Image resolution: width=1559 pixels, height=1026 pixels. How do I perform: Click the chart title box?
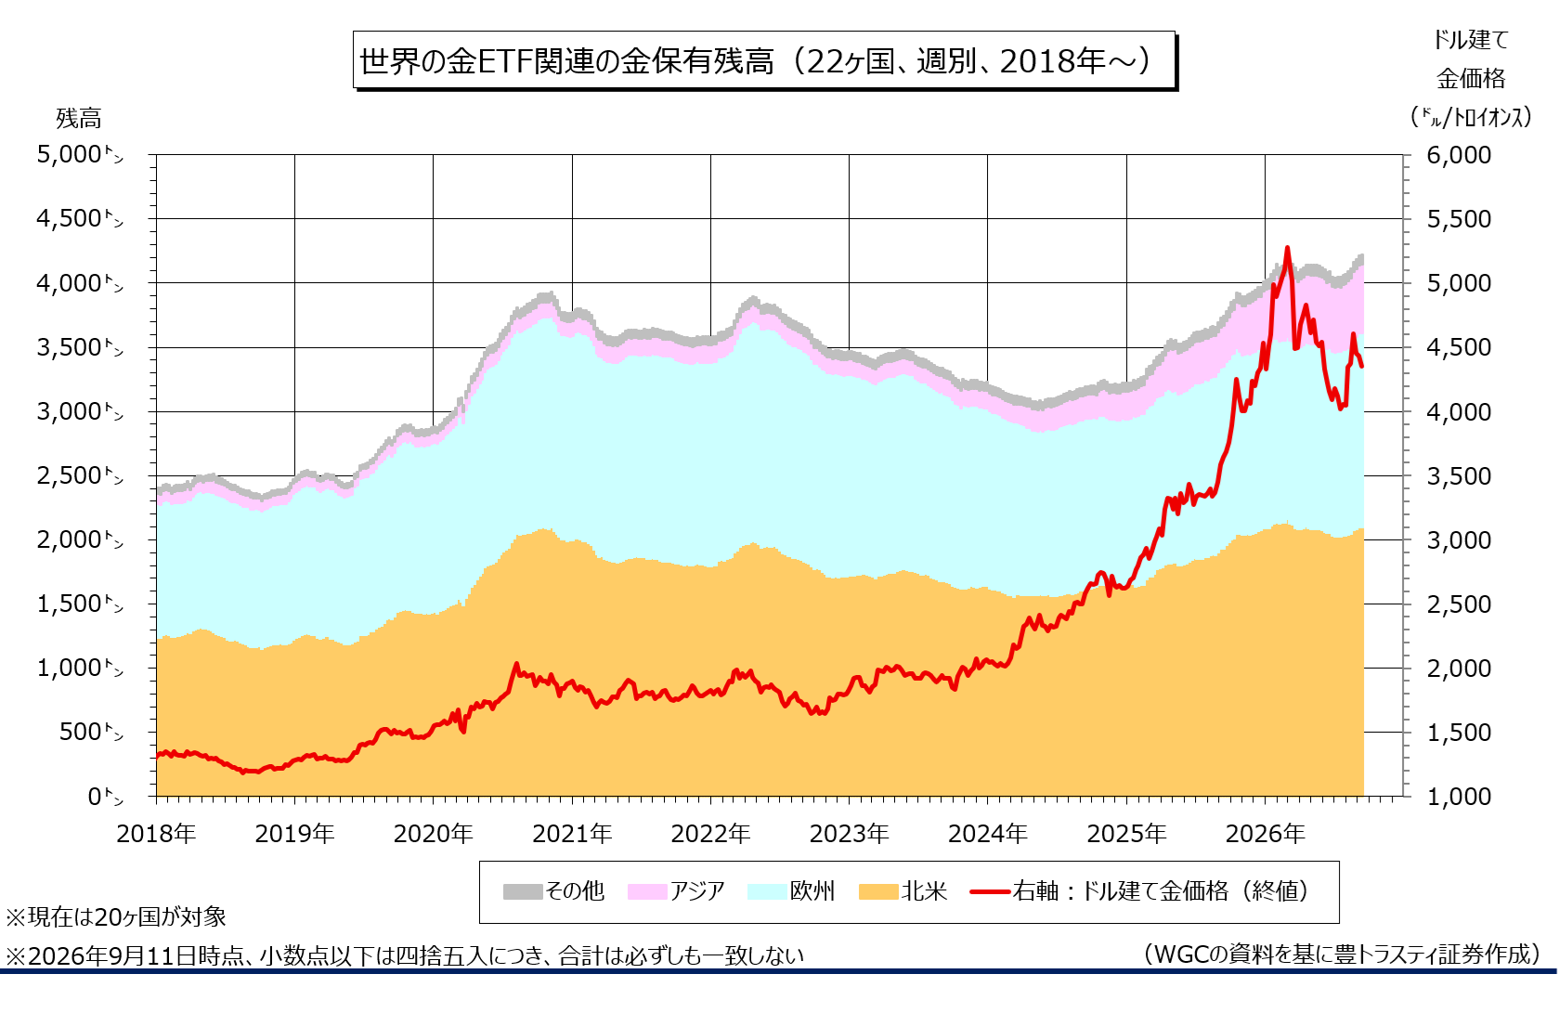tap(764, 60)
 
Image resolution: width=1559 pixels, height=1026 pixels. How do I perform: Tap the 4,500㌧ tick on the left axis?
tap(80, 218)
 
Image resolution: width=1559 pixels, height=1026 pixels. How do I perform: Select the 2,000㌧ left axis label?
tap(80, 539)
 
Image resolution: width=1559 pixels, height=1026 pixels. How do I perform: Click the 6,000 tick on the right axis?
tap(1459, 154)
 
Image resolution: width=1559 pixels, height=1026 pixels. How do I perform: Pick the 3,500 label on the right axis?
tap(1459, 476)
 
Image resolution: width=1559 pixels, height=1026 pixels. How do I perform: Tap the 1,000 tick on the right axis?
tap(1459, 796)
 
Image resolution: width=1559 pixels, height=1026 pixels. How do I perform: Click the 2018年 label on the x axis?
tap(157, 833)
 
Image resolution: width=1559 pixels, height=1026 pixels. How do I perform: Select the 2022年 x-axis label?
tap(710, 833)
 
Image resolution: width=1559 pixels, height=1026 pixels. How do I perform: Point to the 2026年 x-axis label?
tap(1266, 833)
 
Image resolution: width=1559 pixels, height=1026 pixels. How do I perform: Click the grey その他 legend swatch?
tap(523, 891)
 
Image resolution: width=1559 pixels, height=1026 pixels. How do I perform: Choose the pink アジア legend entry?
tap(676, 891)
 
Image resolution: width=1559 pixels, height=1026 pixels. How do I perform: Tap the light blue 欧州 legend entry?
tap(790, 891)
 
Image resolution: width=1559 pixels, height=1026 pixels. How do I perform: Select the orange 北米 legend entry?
tap(903, 891)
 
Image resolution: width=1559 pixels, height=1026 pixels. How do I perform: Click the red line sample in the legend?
tap(990, 891)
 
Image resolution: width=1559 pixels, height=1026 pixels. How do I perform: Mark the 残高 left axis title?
tap(79, 118)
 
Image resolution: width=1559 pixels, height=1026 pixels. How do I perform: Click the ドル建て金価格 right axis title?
tap(1472, 79)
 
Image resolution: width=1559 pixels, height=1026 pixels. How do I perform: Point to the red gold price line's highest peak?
tap(1287, 248)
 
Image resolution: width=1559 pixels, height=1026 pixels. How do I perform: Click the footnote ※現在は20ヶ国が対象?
tap(116, 916)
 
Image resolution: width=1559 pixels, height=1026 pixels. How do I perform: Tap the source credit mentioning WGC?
tap(1341, 954)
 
